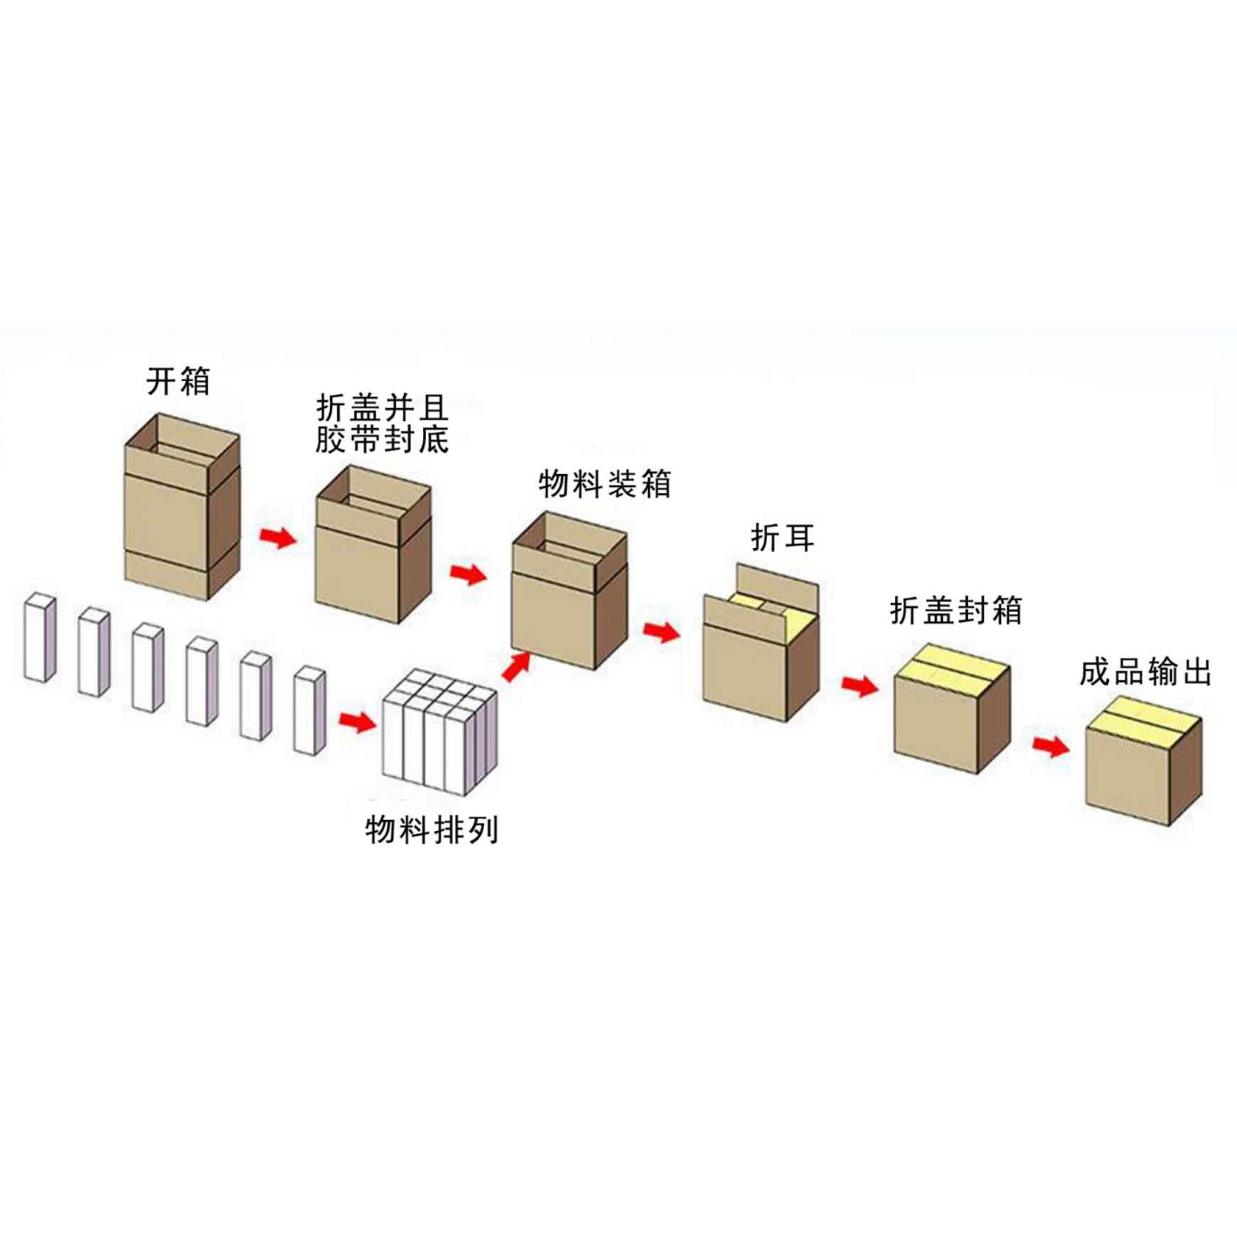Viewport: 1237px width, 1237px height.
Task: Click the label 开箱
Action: pos(178,382)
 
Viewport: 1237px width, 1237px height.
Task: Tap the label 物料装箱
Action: pos(604,485)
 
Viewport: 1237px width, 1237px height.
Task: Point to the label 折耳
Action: pos(782,538)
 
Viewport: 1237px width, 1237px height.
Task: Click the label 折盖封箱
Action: pos(955,611)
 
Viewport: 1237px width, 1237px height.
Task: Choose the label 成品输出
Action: pos(1145,673)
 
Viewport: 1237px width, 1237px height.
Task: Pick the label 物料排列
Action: pos(432,830)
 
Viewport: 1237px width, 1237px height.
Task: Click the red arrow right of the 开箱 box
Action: pos(278,537)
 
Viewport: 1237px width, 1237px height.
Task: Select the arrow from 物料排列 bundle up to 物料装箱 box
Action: pos(517,666)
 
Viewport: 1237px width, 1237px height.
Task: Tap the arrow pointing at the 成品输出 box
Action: pos(1051,746)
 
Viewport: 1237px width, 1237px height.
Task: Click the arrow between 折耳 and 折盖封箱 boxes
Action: pos(860,685)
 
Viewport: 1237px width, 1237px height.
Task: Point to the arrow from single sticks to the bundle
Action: pos(357,722)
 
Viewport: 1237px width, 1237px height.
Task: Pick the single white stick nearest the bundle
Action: pos(309,710)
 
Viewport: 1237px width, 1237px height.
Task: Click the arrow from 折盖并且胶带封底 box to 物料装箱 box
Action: pos(468,573)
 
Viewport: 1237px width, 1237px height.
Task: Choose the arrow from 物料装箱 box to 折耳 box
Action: pos(661,631)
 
